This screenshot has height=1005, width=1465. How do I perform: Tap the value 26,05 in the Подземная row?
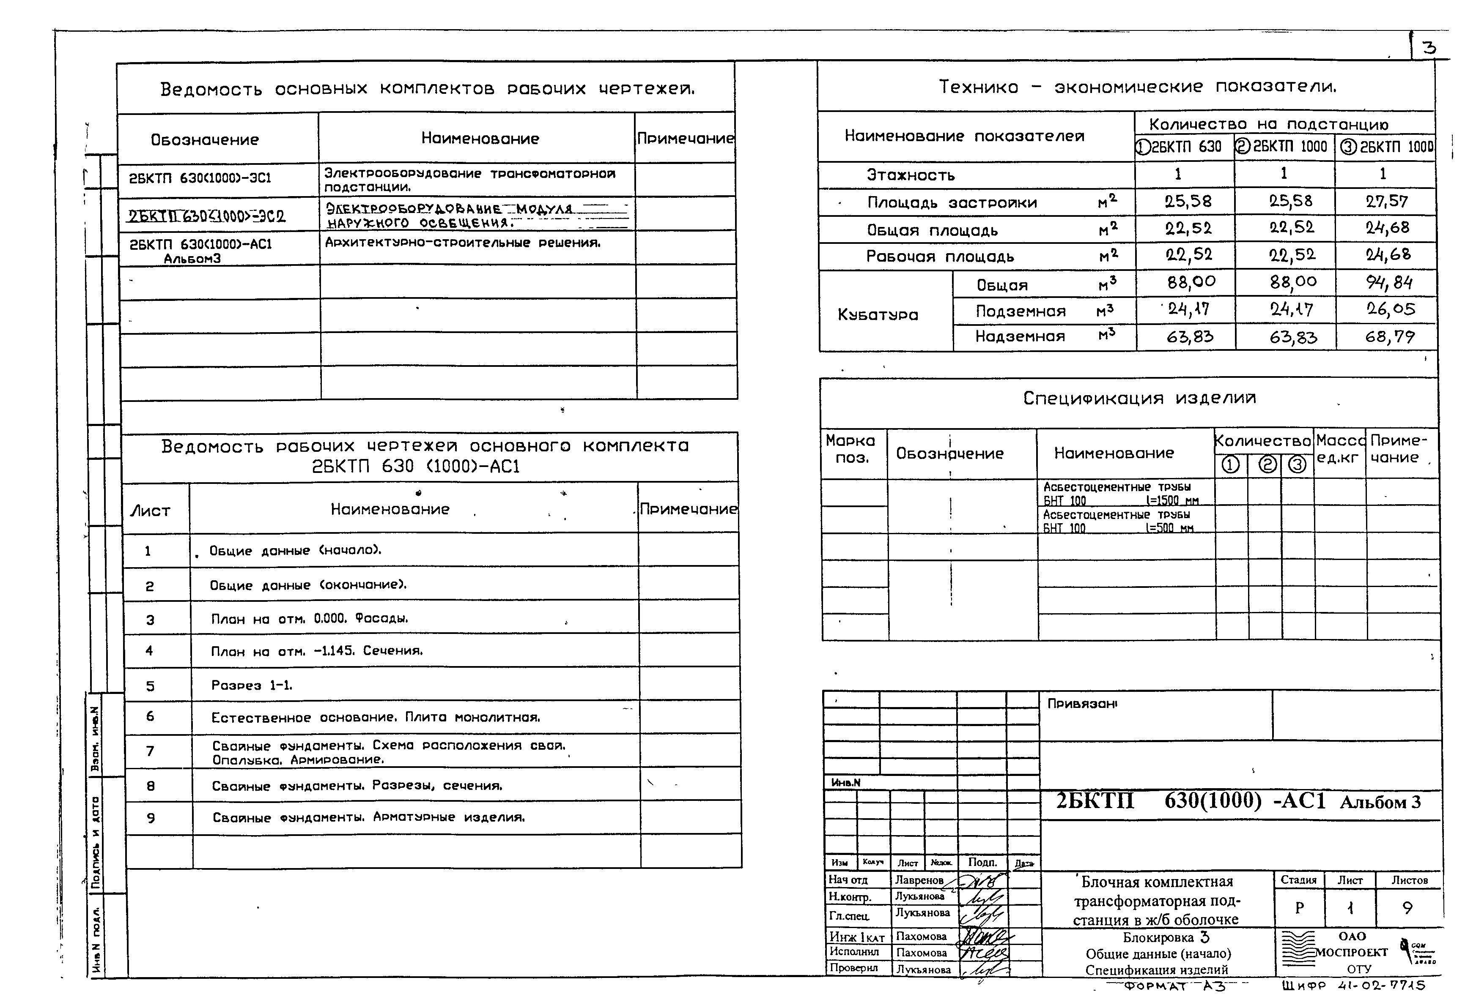[x=1390, y=309]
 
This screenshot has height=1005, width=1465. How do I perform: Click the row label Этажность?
[x=910, y=175]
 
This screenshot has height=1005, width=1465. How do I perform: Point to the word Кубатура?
[x=878, y=314]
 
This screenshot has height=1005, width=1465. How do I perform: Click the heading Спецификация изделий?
[x=1139, y=398]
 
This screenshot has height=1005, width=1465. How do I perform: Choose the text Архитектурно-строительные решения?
[x=462, y=243]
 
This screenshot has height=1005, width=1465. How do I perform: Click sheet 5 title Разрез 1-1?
[x=252, y=685]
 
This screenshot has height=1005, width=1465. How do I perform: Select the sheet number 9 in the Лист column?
[x=151, y=818]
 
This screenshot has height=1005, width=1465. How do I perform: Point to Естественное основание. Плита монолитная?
[x=376, y=718]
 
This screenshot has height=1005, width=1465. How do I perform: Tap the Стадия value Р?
[x=1299, y=908]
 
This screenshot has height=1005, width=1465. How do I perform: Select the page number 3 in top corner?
[x=1429, y=47]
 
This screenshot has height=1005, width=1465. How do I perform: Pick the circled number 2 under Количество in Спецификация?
[x=1267, y=465]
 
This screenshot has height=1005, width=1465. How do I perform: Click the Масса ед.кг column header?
[x=1339, y=449]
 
